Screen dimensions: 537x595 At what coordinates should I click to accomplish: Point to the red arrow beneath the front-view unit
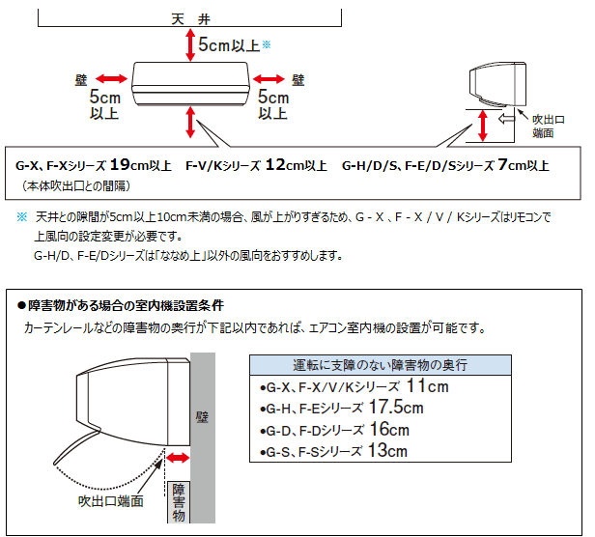pyautogui.click(x=189, y=122)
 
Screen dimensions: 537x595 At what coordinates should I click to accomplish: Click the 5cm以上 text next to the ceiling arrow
pyautogui.click(x=228, y=44)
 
